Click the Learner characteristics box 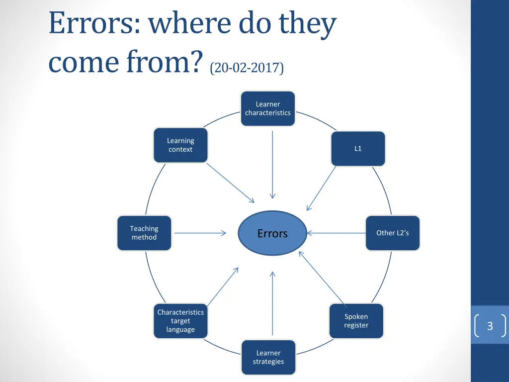[268, 108]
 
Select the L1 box [358, 149]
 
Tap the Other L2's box [393, 233]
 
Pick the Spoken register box [356, 321]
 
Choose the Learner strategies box [268, 357]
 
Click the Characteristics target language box [180, 321]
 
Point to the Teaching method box [144, 233]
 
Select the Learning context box [180, 145]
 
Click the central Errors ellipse [272, 233]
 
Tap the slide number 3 [490, 326]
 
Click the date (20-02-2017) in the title [247, 68]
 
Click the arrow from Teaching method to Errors [200, 233]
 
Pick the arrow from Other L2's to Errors [336, 233]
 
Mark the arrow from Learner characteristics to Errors [272, 164]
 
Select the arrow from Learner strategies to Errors [272, 303]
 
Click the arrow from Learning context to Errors [230, 183]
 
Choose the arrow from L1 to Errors [322, 188]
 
